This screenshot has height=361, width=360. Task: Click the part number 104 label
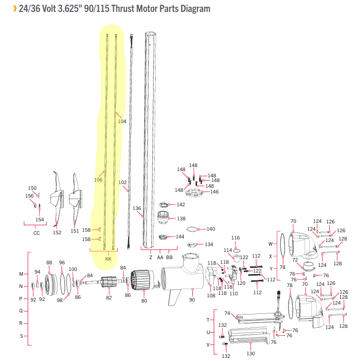[122, 122]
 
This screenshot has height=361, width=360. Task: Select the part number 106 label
[98, 180]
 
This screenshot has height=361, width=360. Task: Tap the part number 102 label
[123, 183]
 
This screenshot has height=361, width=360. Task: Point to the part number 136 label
[137, 208]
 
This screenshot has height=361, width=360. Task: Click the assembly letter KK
[108, 259]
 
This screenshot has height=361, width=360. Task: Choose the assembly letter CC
[36, 233]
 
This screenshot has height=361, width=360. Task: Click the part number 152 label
[57, 232]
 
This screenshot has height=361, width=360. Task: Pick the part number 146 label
[214, 192]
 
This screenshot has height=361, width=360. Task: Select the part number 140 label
[211, 229]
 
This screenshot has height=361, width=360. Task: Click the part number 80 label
[144, 300]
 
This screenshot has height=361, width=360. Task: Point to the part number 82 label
[109, 298]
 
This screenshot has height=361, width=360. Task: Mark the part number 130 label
[250, 354]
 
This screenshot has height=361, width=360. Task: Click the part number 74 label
[227, 313]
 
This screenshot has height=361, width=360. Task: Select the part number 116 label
[236, 238]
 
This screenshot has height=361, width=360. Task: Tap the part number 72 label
[295, 260]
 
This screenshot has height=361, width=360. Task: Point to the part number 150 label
[32, 188]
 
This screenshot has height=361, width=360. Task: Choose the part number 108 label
[211, 296]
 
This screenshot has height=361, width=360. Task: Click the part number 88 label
[49, 263]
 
